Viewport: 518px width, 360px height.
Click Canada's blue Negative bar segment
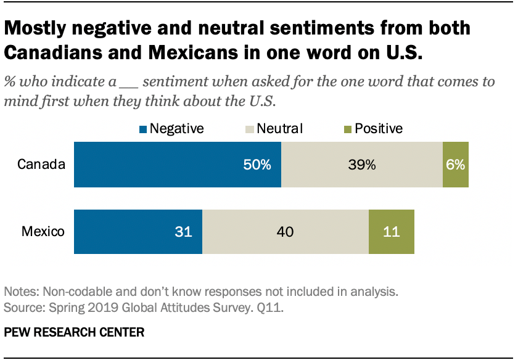coord(178,165)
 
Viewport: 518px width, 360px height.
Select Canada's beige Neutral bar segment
coord(362,165)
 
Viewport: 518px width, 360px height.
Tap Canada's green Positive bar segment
coord(456,165)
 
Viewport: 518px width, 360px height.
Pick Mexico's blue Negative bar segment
coord(138,232)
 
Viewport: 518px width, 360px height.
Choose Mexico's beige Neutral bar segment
coord(286,232)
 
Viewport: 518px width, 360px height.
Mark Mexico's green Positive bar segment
coord(392,232)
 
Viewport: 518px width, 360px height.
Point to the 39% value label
coord(362,165)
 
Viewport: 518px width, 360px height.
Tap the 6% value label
coord(456,165)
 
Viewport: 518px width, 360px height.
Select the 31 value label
coord(184,232)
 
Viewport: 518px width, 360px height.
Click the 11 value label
coord(392,232)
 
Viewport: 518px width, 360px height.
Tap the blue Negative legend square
coord(143,129)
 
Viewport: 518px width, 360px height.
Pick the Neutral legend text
coord(279,129)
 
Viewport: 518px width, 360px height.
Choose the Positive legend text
coord(378,129)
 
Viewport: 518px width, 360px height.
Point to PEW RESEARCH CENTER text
coord(74,332)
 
